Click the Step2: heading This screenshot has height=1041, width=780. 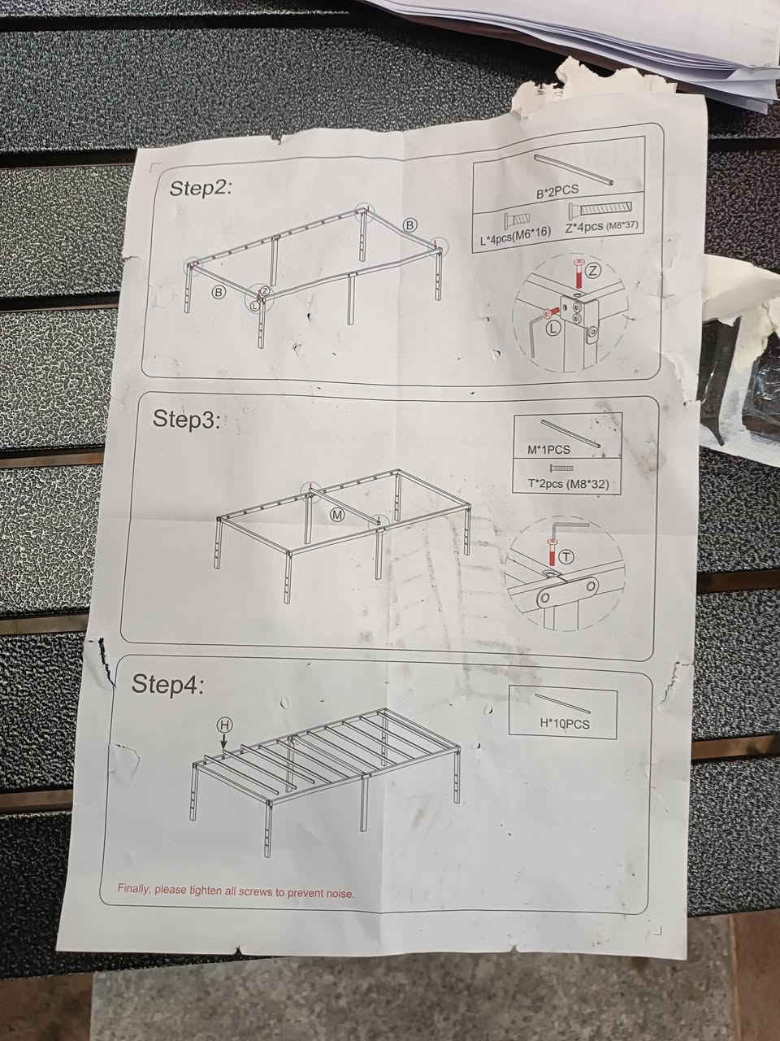[201, 188]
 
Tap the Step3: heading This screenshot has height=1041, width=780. [186, 419]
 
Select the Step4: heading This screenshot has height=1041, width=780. [167, 684]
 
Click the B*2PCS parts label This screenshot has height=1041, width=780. [557, 191]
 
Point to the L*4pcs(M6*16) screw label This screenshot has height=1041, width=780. [516, 235]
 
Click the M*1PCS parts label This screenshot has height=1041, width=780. [549, 449]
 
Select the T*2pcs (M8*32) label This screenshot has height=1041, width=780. [568, 484]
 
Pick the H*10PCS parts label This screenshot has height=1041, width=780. [565, 724]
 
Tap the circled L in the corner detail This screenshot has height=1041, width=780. [553, 327]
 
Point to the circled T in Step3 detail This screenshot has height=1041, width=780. [565, 557]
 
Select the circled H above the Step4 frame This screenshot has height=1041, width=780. [224, 725]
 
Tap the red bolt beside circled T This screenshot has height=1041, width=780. [551, 553]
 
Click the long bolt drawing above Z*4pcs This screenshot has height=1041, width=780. [600, 210]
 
